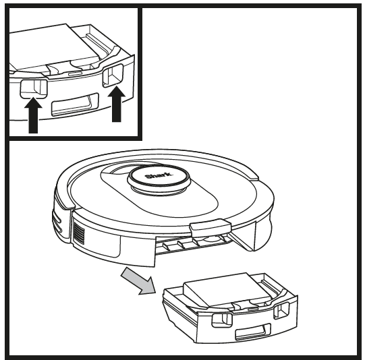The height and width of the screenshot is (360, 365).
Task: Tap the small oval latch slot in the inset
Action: (x=72, y=69)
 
